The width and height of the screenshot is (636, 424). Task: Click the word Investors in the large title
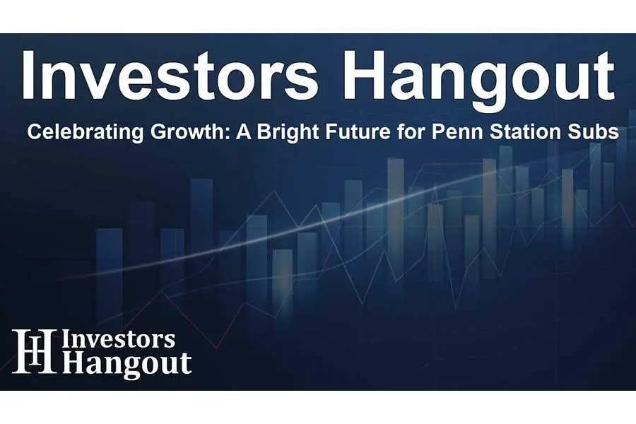[170, 76]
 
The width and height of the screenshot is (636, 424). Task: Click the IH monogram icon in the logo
[34, 351]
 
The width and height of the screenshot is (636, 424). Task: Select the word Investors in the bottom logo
[119, 339]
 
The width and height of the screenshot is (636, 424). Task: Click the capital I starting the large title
[27, 76]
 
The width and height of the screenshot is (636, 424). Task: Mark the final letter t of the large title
[602, 78]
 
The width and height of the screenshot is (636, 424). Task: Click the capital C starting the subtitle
[33, 133]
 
